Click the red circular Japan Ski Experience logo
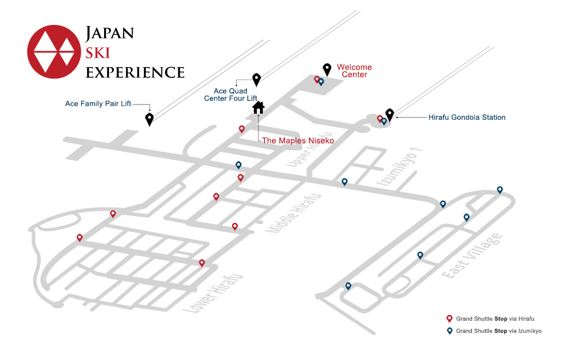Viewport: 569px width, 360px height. tap(54, 52)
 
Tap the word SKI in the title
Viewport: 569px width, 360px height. tap(98, 53)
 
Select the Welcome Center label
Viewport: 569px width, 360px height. tap(354, 71)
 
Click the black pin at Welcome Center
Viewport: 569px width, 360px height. tap(327, 69)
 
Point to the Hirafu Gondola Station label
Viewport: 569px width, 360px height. tap(467, 118)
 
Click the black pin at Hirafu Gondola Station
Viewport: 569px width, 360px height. tap(390, 115)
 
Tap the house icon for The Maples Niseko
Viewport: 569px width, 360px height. tap(258, 107)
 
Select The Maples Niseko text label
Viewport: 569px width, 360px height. tap(298, 141)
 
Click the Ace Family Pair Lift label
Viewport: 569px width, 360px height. tap(98, 103)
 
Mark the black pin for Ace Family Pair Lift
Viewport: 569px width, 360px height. tap(149, 119)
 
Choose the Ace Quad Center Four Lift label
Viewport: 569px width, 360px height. tap(231, 95)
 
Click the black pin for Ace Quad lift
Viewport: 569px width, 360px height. tap(257, 80)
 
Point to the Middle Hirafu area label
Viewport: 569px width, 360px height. tap(294, 213)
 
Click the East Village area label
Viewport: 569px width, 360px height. tap(472, 255)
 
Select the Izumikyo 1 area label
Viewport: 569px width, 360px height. tap(399, 167)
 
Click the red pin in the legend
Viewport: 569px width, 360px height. tap(450, 319)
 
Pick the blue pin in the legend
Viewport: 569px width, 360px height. tap(450, 331)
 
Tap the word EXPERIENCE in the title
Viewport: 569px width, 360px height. tap(135, 72)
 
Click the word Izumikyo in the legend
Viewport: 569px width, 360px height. tap(529, 331)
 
